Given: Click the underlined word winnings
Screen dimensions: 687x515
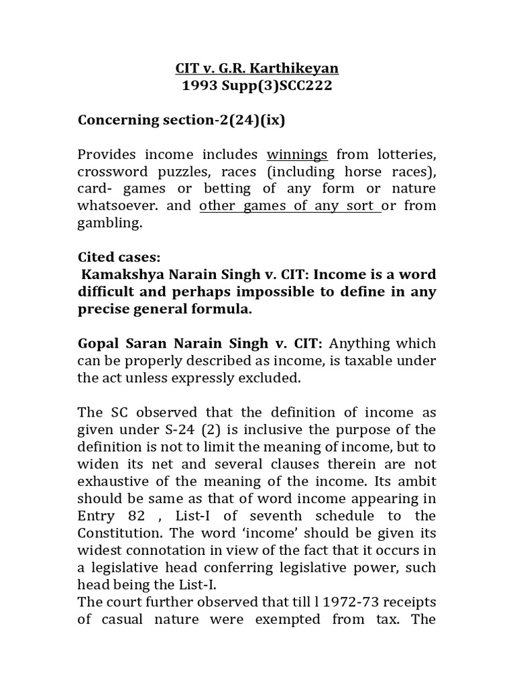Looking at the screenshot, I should pyautogui.click(x=297, y=154).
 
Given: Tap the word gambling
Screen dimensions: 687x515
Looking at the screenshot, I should pyautogui.click(x=109, y=223).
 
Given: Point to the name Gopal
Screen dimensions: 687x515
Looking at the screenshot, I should pyautogui.click(x=99, y=343).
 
